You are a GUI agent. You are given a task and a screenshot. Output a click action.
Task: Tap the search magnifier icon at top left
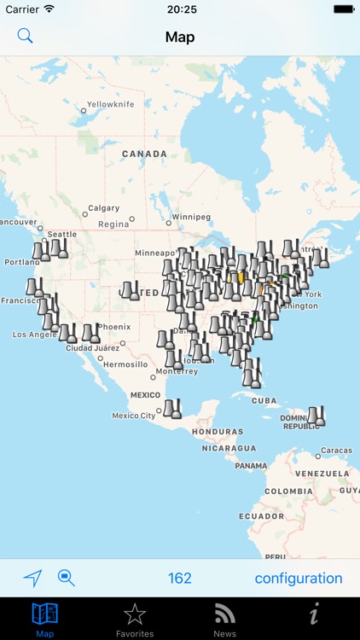pyautogui.click(x=26, y=36)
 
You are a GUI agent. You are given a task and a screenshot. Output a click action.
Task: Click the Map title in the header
pyautogui.click(x=180, y=37)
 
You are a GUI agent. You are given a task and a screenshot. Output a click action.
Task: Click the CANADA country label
pyautogui.click(x=144, y=154)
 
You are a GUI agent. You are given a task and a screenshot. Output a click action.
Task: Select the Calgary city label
pyautogui.click(x=103, y=208)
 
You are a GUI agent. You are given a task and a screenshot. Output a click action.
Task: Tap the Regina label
pyautogui.click(x=113, y=224)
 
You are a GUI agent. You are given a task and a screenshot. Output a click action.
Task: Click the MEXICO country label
pyautogui.click(x=144, y=395)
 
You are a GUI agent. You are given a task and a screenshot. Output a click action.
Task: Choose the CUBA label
pyautogui.click(x=264, y=400)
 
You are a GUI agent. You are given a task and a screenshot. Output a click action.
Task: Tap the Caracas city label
pyautogui.click(x=336, y=450)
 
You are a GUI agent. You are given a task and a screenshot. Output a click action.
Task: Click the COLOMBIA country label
pyautogui.click(x=287, y=492)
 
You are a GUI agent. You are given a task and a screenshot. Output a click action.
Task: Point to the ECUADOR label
pyautogui.click(x=261, y=516)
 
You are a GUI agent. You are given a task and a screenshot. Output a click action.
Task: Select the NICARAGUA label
pyautogui.click(x=229, y=448)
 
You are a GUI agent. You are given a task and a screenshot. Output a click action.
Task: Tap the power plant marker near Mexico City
pyautogui.click(x=172, y=410)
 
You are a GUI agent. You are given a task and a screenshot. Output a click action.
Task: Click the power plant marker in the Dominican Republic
pyautogui.click(x=316, y=416)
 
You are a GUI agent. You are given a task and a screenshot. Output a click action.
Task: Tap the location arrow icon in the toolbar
pyautogui.click(x=32, y=578)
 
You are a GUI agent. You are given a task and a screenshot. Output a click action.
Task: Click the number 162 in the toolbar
pyautogui.click(x=180, y=578)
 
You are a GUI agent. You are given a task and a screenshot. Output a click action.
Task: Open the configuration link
pyautogui.click(x=299, y=578)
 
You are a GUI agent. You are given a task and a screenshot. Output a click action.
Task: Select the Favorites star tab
pyautogui.click(x=135, y=619)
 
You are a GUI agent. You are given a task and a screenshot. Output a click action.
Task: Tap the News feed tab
pyautogui.click(x=225, y=619)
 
